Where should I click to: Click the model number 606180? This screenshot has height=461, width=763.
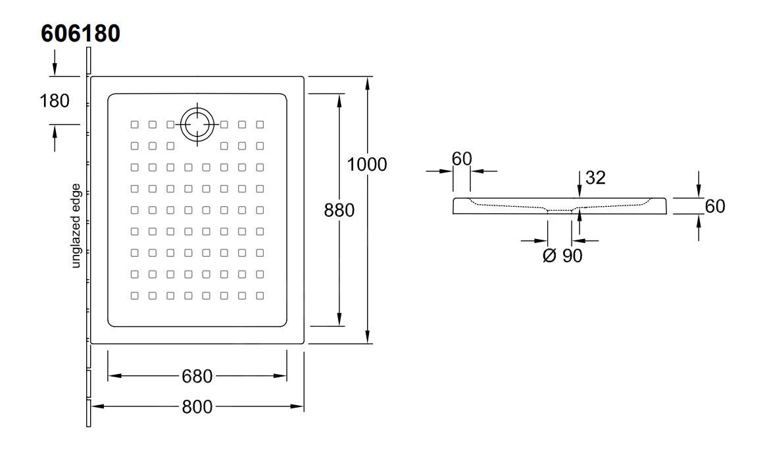pos(80,34)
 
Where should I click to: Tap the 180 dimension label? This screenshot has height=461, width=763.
pos(55,101)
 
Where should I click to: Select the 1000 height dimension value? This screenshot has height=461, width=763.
pos(367,164)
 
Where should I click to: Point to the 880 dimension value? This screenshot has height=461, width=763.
pos(339,210)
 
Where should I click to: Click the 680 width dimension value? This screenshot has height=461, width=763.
pos(197,377)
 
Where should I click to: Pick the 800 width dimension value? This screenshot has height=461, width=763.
pos(197,407)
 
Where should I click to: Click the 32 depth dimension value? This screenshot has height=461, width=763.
pos(595,177)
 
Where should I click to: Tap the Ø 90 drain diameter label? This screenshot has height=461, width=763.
pos(563,256)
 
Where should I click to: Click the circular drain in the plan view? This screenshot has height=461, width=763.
pos(197,123)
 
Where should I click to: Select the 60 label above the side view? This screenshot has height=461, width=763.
pos(462,159)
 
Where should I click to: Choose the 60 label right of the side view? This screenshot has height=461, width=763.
pos(714,206)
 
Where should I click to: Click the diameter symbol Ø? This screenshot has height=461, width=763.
pos(551,256)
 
